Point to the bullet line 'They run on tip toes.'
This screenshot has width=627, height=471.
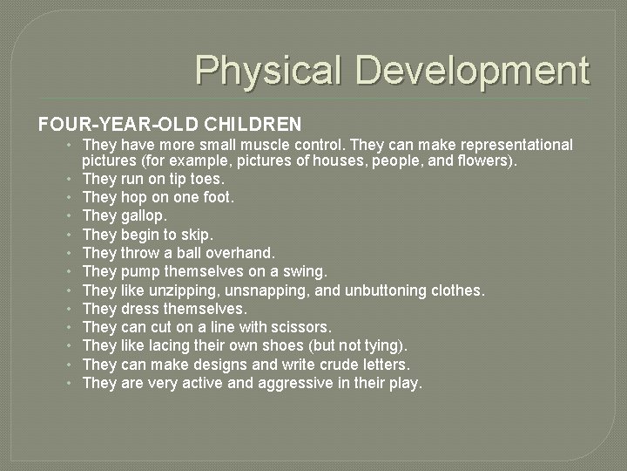click(x=152, y=180)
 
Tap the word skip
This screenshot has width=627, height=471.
click(x=196, y=235)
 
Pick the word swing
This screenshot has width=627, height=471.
click(x=305, y=271)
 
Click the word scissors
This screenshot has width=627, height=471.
click(x=301, y=327)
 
